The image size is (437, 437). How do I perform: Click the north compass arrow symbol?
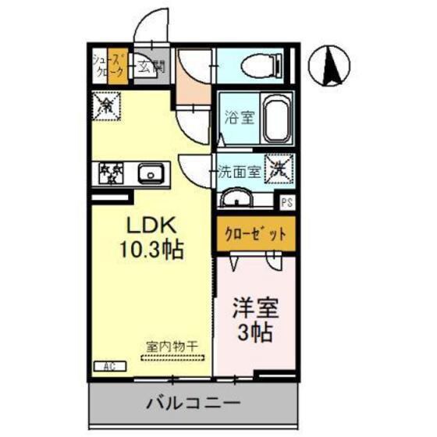332,65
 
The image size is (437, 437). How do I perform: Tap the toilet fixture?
258,66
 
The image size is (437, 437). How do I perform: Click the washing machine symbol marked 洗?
279,167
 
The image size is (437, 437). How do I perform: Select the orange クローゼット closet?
256,233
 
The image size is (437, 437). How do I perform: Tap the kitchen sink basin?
151,173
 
